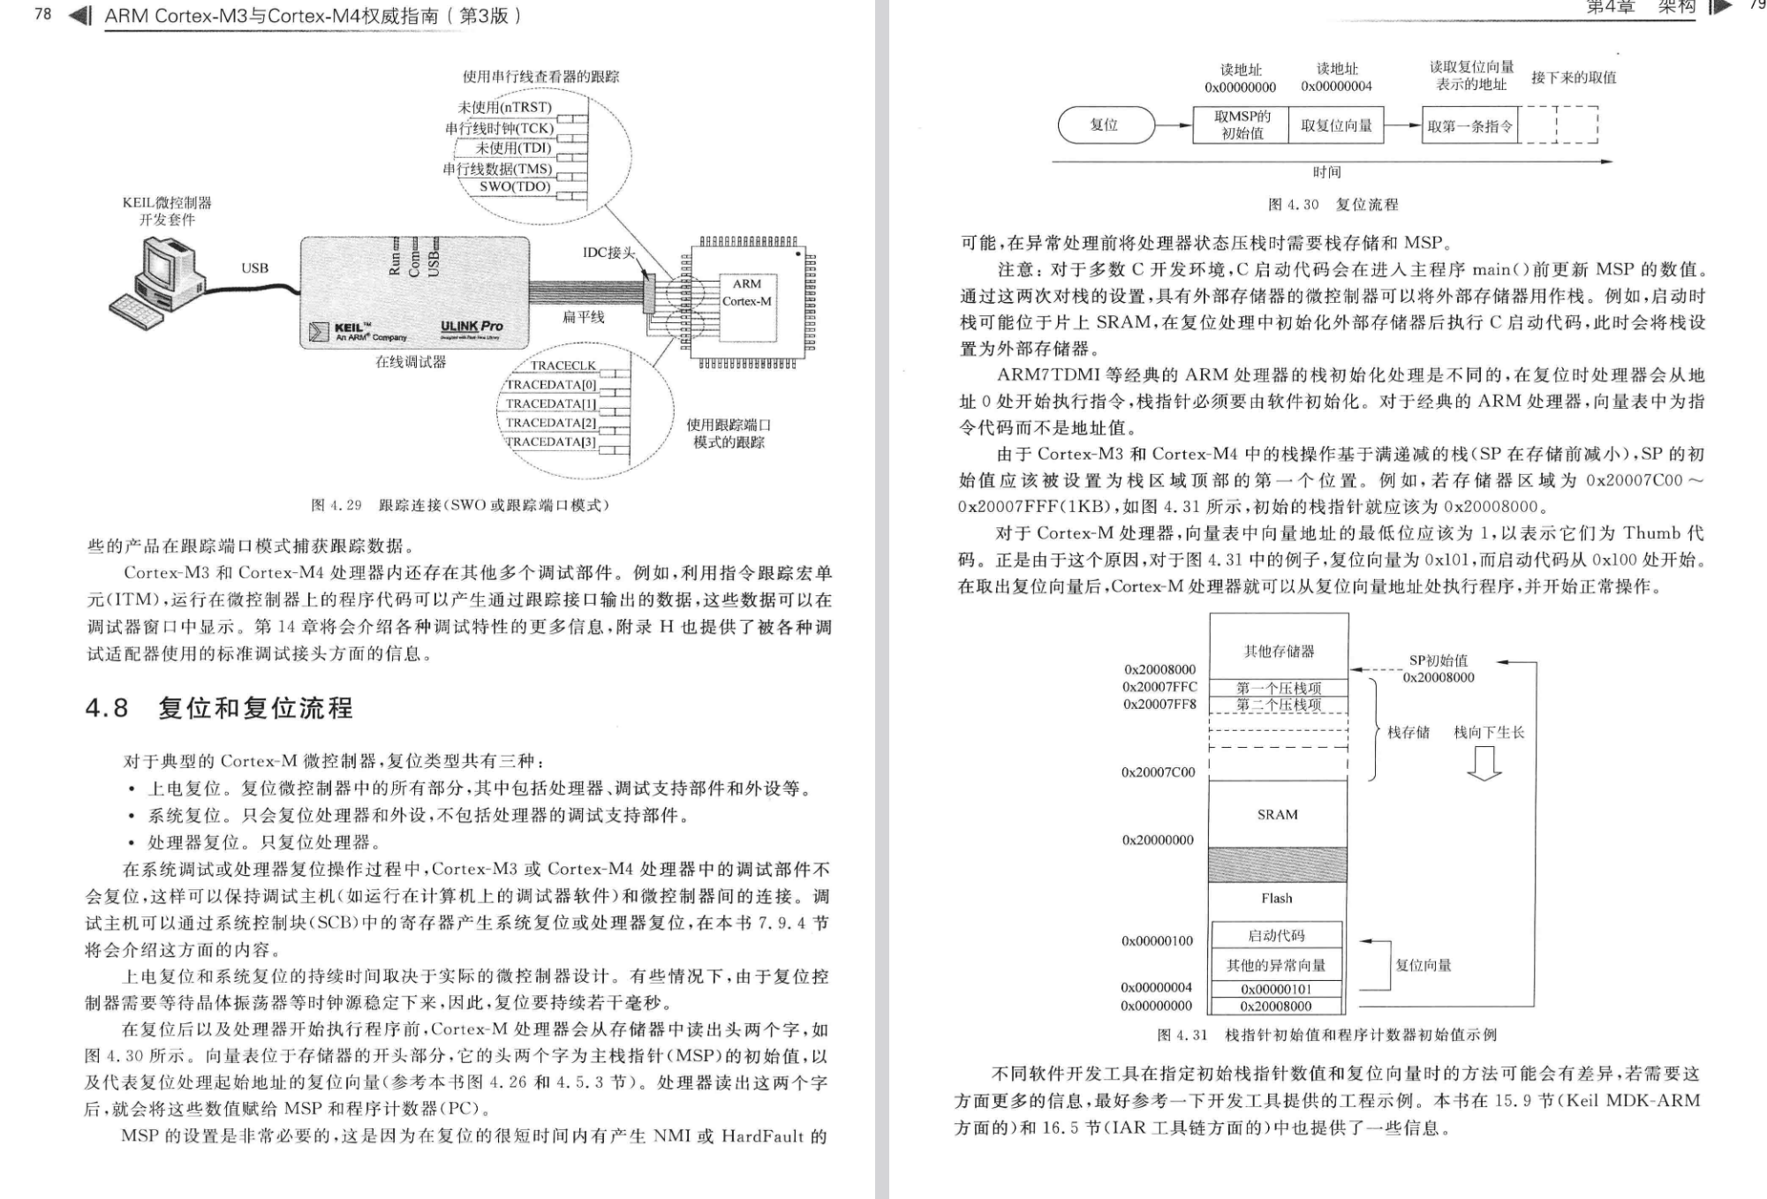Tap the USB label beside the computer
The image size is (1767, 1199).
coord(255,268)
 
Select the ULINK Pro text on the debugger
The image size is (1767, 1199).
coord(472,327)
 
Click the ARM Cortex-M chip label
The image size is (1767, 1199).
coord(746,292)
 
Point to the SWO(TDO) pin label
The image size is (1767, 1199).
coord(515,187)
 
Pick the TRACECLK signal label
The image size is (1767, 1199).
coord(563,366)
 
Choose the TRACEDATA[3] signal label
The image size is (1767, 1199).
coord(551,442)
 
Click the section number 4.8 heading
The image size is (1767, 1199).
coord(107,708)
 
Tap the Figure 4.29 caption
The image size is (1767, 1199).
coord(460,505)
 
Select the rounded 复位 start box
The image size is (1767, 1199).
coord(1106,125)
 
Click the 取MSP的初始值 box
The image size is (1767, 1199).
coord(1242,125)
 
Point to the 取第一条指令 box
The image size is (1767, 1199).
coord(1469,126)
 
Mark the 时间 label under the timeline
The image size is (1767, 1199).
coord(1326,172)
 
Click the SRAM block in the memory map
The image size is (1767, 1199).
coord(1278,815)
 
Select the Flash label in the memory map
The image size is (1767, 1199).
coord(1277,899)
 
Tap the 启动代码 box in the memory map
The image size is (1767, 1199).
coord(1277,936)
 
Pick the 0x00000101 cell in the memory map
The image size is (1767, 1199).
coord(1276,990)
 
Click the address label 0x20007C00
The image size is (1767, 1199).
coord(1159,773)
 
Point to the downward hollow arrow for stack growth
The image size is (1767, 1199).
coord(1484,764)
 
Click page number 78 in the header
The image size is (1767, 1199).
coord(43,14)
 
